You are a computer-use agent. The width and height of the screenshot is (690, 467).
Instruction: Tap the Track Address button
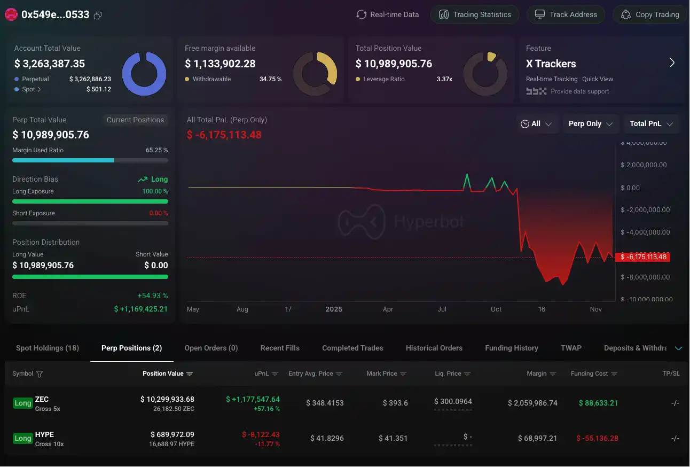566,14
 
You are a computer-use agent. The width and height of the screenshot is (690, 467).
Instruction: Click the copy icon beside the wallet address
98,15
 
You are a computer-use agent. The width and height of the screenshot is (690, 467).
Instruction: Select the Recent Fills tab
280,348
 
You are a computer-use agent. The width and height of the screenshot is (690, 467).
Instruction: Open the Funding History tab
511,348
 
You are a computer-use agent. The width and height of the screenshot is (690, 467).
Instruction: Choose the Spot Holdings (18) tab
48,348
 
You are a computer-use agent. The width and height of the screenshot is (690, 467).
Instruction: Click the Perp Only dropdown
590,123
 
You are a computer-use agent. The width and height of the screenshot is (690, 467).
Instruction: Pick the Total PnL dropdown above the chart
651,123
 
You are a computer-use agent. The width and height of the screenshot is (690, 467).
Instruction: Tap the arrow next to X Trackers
672,63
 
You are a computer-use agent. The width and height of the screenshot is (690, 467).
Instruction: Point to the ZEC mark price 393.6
395,403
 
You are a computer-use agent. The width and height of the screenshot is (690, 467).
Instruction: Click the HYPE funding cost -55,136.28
597,438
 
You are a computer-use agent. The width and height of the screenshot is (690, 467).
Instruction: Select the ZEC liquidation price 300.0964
453,401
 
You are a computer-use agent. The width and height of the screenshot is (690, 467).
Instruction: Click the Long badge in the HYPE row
22,438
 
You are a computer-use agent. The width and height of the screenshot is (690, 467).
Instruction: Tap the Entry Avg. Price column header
315,373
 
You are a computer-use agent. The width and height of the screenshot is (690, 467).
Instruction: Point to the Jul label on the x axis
442,309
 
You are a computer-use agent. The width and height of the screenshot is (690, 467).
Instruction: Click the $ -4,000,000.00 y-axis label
645,232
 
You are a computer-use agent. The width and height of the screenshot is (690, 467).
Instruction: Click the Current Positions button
135,120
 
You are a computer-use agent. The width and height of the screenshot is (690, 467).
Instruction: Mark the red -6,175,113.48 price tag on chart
642,257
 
